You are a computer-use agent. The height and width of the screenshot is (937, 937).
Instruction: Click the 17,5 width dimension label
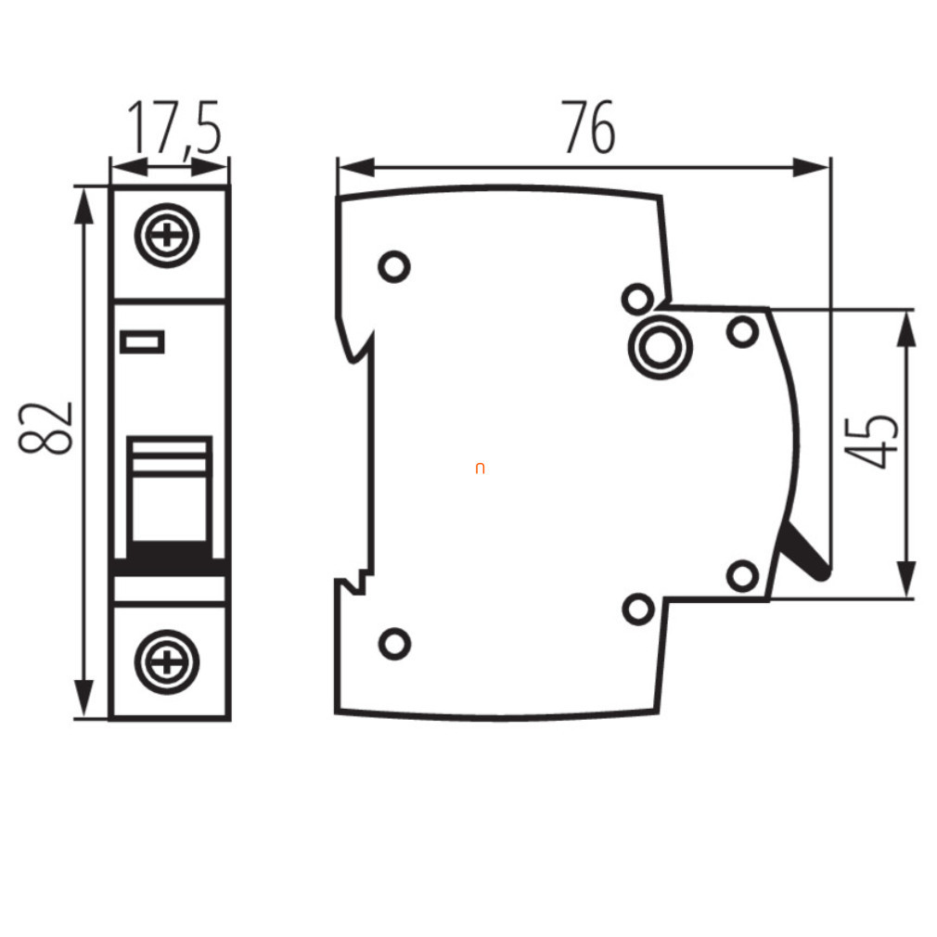(174, 128)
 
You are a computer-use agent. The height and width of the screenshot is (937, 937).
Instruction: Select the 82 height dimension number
(46, 428)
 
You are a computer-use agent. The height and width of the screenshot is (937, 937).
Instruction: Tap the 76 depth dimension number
(588, 127)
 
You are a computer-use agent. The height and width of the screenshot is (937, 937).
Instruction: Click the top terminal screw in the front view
(167, 236)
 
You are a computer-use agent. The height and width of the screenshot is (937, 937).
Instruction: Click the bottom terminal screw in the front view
(167, 662)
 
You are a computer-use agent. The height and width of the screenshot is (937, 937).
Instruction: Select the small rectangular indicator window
(142, 342)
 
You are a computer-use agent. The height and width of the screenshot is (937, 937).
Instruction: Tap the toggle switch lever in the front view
(170, 496)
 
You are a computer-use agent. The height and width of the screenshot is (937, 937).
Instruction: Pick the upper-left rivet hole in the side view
(394, 266)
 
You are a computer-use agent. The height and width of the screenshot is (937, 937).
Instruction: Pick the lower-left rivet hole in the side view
(394, 644)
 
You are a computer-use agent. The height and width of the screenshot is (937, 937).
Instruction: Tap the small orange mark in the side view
(480, 468)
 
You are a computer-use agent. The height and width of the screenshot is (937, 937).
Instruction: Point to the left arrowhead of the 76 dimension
(356, 168)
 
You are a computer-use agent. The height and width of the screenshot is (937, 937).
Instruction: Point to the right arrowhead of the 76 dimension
(812, 168)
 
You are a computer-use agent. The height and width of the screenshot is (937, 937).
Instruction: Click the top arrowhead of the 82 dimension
(84, 206)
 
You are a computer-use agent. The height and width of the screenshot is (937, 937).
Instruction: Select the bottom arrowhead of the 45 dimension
(906, 579)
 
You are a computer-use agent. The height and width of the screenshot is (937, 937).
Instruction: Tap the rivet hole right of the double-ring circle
(742, 331)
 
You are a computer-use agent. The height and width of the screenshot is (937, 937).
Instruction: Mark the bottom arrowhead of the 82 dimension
(84, 698)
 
